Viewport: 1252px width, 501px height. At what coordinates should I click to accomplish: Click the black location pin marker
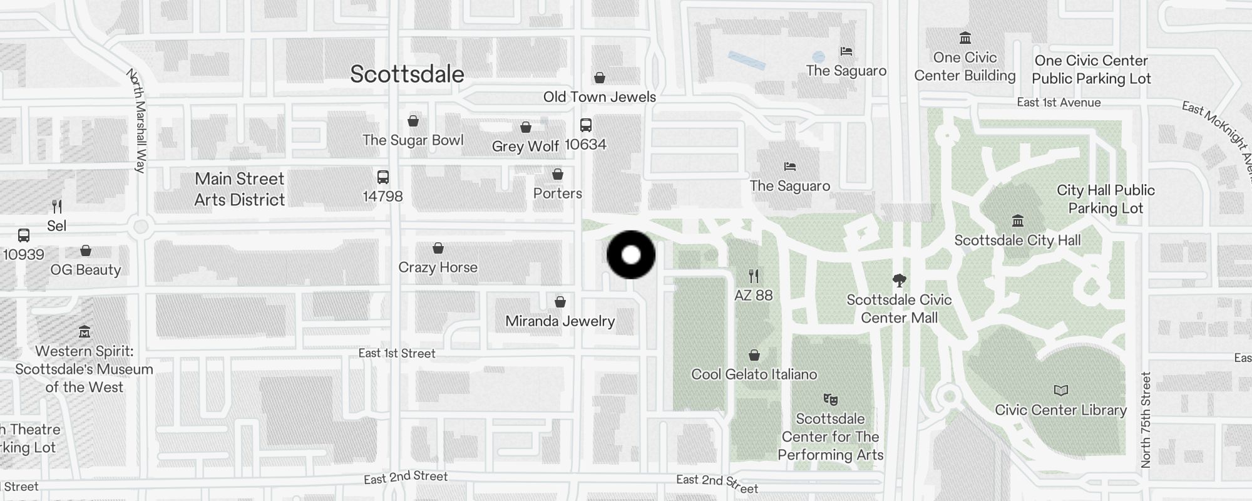tap(631, 255)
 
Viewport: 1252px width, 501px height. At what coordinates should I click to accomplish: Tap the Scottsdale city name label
tap(407, 74)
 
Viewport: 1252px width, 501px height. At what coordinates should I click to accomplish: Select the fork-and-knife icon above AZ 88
tap(754, 276)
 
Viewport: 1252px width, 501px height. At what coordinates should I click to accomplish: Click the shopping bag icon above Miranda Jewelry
tap(560, 302)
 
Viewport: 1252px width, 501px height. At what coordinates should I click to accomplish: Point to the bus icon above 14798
tap(382, 177)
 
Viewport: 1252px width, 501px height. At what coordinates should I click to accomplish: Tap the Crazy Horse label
tap(438, 267)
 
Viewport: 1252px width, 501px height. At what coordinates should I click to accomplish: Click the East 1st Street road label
tap(397, 353)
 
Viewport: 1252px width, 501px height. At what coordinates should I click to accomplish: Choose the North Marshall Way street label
tap(137, 120)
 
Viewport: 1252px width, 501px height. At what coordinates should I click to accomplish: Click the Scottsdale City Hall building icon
tap(1017, 221)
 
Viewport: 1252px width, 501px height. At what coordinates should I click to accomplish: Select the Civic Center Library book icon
tap(1060, 391)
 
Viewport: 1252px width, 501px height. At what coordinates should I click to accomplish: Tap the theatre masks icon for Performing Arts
tap(830, 399)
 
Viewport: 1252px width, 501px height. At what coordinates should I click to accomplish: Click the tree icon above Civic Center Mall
tap(899, 280)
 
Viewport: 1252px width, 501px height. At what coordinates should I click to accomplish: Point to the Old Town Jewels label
tap(599, 97)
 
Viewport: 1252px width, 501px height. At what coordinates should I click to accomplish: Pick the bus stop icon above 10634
tap(585, 125)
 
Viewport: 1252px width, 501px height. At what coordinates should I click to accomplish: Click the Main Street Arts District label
tap(239, 189)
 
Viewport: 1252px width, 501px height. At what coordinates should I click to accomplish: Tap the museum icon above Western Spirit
tap(85, 331)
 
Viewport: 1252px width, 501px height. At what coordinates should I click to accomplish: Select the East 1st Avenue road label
tap(1058, 103)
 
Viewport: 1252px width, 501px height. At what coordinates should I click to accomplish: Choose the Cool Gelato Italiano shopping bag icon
tap(754, 356)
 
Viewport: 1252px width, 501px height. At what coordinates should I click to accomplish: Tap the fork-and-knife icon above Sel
tap(57, 206)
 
